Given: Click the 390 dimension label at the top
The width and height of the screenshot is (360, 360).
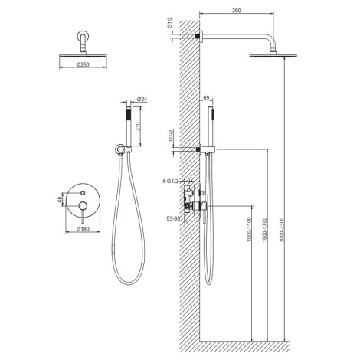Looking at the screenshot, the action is (236, 11).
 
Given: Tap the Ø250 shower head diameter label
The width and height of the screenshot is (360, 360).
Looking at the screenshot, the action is (83, 64).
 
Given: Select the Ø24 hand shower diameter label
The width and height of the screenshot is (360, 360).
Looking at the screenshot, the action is (142, 99).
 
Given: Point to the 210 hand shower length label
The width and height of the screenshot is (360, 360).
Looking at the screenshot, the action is (138, 126).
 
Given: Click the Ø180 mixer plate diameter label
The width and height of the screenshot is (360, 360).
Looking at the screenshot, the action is (83, 229).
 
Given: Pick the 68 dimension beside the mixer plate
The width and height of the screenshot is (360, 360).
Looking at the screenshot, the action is (61, 198).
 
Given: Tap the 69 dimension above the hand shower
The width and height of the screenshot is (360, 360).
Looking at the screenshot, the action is (206, 97).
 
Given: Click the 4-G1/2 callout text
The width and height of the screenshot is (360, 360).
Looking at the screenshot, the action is (170, 182).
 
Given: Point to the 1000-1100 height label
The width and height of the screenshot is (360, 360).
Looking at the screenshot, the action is (250, 230).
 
